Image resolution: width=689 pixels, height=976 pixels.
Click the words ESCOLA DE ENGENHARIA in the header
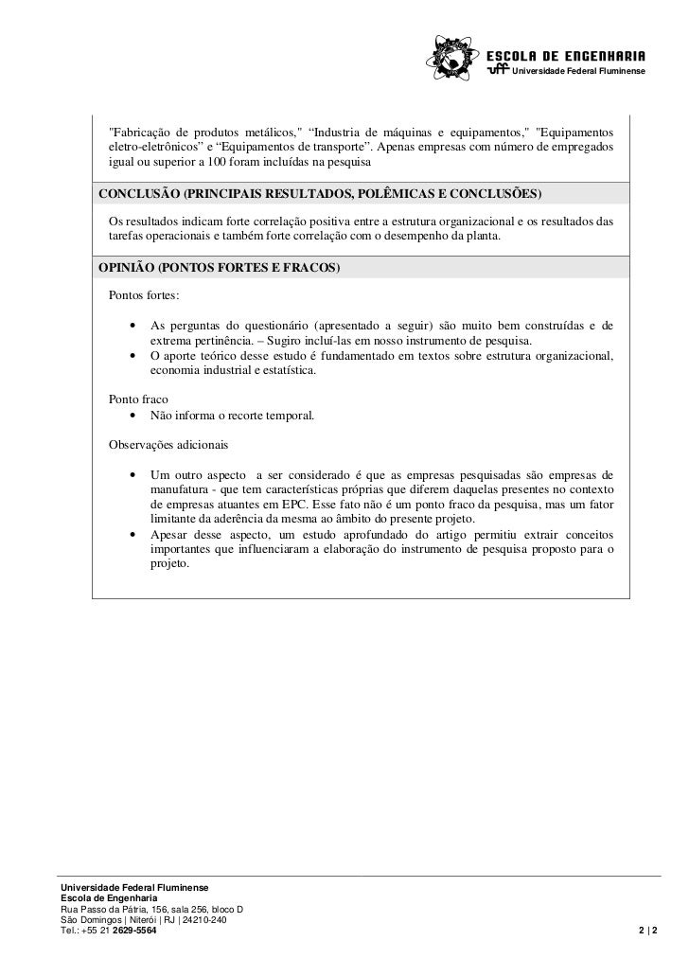click(567, 53)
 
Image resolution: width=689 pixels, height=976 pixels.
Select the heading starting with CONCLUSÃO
click(321, 195)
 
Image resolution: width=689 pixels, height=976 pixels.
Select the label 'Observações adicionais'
click(168, 444)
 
